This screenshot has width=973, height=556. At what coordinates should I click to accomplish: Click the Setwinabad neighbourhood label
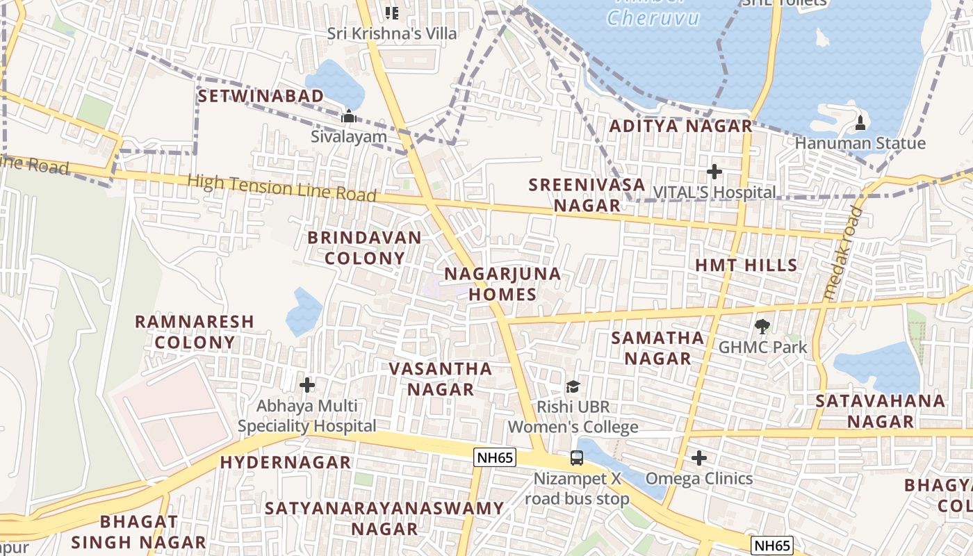[x=261, y=96]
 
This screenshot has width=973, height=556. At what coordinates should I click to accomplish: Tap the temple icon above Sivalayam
[x=348, y=116]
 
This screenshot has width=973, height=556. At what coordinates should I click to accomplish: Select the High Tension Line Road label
[x=281, y=188]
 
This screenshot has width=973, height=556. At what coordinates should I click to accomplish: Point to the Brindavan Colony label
[x=365, y=248]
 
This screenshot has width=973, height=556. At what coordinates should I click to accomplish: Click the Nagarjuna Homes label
[x=502, y=284]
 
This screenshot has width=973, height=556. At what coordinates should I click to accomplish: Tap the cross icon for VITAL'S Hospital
[x=714, y=172]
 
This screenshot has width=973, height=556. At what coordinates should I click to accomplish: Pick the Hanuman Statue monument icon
[x=860, y=123]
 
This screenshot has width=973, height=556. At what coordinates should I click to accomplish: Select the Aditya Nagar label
[x=681, y=126]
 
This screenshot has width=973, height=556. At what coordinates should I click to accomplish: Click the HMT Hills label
[x=746, y=265]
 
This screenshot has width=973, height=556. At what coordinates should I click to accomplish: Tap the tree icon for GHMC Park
[x=762, y=325]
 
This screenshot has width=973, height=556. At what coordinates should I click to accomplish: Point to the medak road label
[x=842, y=254]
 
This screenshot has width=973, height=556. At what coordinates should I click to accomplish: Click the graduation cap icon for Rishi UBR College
[x=573, y=386]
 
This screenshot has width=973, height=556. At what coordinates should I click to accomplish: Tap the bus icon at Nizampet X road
[x=577, y=458]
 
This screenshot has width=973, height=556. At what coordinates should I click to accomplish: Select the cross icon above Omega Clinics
[x=699, y=458]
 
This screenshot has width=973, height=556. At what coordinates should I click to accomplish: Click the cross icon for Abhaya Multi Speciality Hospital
[x=307, y=384]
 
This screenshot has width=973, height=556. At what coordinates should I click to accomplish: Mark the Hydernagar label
[x=286, y=462]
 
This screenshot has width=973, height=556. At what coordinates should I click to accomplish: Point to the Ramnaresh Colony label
[x=195, y=332]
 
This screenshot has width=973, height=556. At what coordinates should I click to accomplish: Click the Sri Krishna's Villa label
[x=393, y=33]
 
